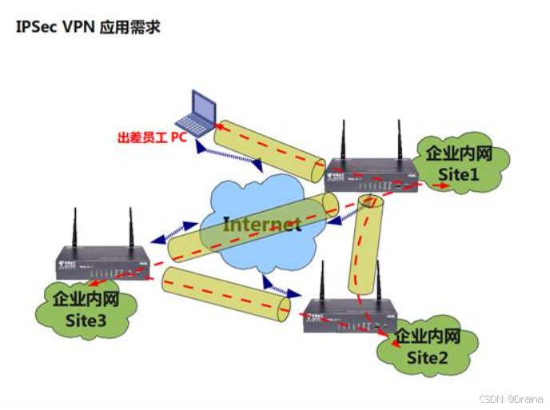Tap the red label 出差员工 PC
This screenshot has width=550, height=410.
point(151,137)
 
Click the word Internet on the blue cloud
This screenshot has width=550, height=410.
point(261,223)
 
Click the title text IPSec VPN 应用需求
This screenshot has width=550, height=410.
point(88,27)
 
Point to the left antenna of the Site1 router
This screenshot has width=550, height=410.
point(344,140)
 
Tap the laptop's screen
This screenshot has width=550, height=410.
point(201,104)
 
